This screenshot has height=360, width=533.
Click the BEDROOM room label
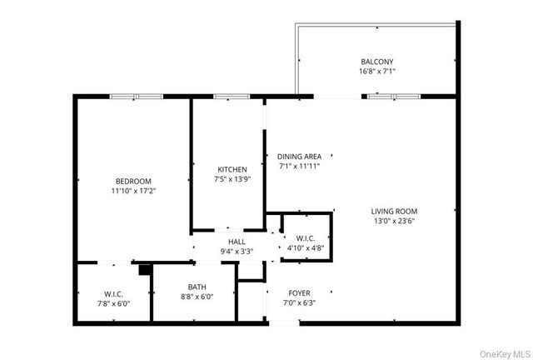pos(133,181)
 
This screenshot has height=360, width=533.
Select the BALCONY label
pos(376,62)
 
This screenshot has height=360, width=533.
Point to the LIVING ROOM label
pos(394,211)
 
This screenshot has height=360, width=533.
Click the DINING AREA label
pos(299,156)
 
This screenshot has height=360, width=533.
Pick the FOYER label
pos(300,292)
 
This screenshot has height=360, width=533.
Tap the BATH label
pos(197,287)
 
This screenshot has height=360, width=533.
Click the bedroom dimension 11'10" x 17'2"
pos(133,191)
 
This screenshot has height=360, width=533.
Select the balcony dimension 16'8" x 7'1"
pos(376,72)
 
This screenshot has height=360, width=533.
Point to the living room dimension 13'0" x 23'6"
pos(394,221)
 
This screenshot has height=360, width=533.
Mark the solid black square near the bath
pos(145,269)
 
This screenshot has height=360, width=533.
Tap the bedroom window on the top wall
pos(137,97)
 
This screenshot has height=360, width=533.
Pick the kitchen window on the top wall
pos(227,97)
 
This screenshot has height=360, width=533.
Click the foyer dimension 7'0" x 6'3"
pos(300,302)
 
